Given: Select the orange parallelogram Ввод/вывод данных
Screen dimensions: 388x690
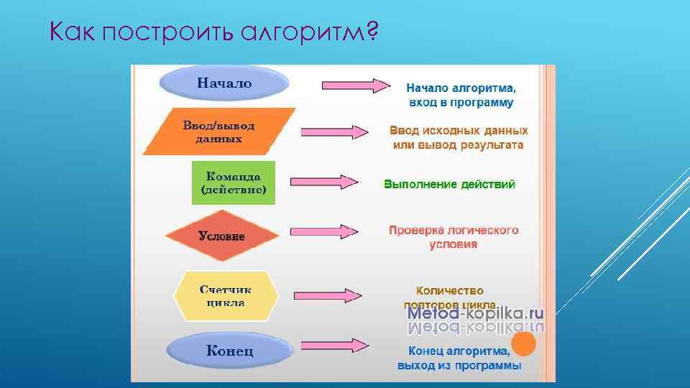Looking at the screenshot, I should (219, 131).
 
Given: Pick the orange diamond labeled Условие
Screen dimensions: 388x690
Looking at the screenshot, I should (222, 235).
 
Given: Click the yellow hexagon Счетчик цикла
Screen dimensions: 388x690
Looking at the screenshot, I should (225, 295).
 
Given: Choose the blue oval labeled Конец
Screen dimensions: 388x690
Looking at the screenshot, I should (229, 351).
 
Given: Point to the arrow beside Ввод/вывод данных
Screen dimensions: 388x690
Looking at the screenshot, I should (334, 132).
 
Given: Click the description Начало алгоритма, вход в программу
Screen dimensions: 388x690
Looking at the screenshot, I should (461, 96).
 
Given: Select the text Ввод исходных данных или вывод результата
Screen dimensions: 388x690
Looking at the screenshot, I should (459, 138).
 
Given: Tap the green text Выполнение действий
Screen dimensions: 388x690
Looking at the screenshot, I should (449, 185).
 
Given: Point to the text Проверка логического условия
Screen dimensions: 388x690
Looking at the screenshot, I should (454, 237).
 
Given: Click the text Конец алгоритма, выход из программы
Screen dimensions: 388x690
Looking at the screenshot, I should (459, 359).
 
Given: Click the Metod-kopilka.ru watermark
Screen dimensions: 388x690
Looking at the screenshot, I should (475, 314).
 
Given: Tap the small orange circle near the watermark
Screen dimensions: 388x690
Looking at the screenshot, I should (524, 345).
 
